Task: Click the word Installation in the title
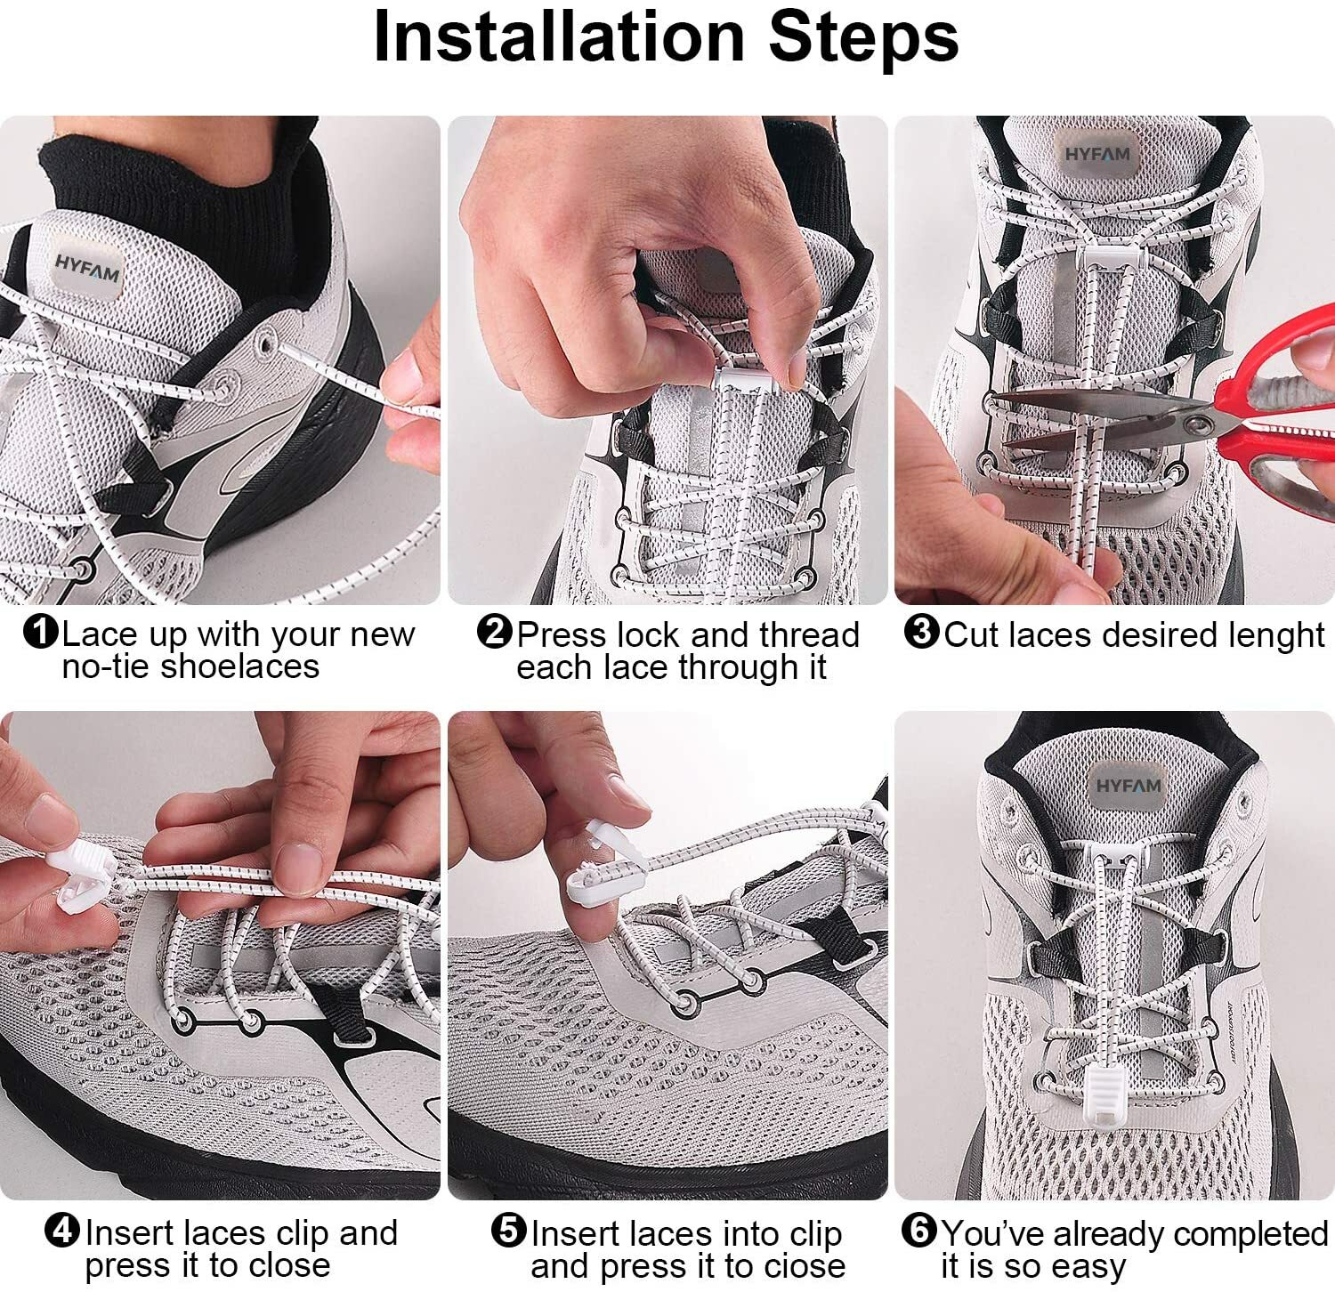coord(559,36)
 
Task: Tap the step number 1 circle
coord(42,634)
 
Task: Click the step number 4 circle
coord(63,1231)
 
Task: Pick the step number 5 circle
coord(509,1231)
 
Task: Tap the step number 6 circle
coord(919,1231)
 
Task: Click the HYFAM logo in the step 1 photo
coord(86,269)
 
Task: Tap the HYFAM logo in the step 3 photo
coord(1097,155)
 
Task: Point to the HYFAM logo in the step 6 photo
coord(1128,786)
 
